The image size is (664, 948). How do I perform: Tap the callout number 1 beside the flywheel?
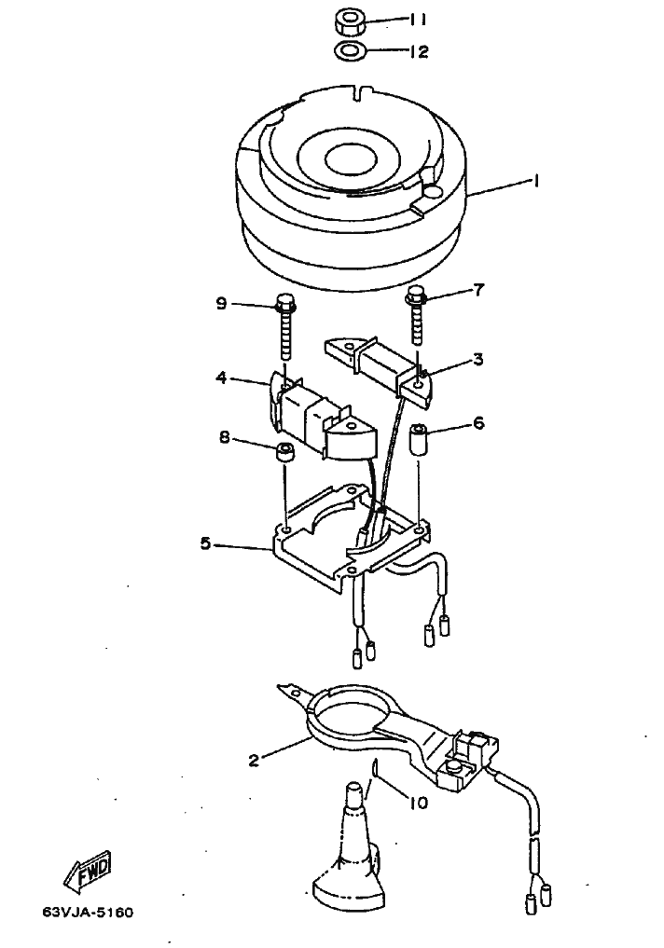(x=536, y=182)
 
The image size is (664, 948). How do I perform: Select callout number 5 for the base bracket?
(x=205, y=543)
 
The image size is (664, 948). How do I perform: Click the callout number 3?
(x=477, y=359)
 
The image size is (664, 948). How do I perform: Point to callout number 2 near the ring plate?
(x=254, y=760)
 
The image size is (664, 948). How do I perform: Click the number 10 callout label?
(x=418, y=802)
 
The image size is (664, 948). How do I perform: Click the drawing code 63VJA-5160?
(x=88, y=911)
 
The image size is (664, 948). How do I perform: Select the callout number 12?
(x=417, y=51)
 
